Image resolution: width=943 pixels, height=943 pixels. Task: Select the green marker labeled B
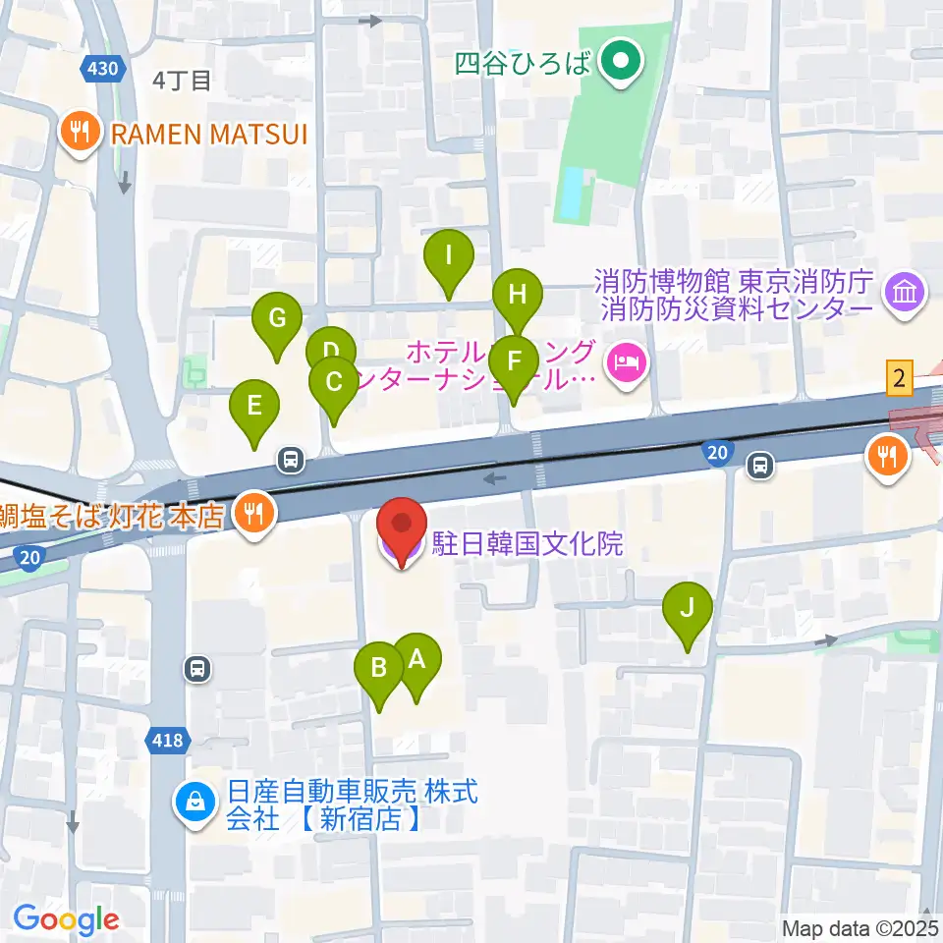coord(378,670)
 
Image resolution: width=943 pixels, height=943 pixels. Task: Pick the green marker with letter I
coord(448,257)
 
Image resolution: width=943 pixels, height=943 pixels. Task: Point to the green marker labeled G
coord(277,319)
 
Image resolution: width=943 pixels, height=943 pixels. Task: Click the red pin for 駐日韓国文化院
coord(403,528)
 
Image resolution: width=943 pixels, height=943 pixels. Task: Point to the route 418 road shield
coord(168,740)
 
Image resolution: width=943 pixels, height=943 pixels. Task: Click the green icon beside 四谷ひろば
coord(620,65)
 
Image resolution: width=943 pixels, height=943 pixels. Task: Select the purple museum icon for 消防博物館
coord(902,292)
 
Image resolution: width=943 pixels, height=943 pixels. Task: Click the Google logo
coord(66,919)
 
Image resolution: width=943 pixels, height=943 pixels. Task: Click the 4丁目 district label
coord(183,81)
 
